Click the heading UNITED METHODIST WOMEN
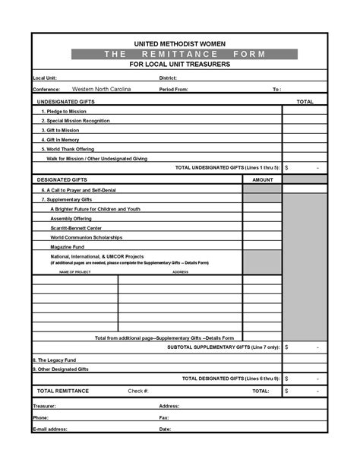click(180, 45)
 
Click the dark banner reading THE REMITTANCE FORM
click(179, 55)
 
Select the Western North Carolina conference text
click(101, 89)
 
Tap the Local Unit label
click(44, 78)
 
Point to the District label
click(168, 78)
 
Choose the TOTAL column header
click(305, 101)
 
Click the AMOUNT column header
click(262, 179)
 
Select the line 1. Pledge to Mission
click(64, 111)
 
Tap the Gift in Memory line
click(60, 140)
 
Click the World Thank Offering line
click(68, 149)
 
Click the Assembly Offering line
click(71, 218)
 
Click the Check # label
click(138, 391)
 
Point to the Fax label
click(164, 417)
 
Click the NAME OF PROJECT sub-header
click(75, 271)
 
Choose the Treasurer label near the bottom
click(45, 406)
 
